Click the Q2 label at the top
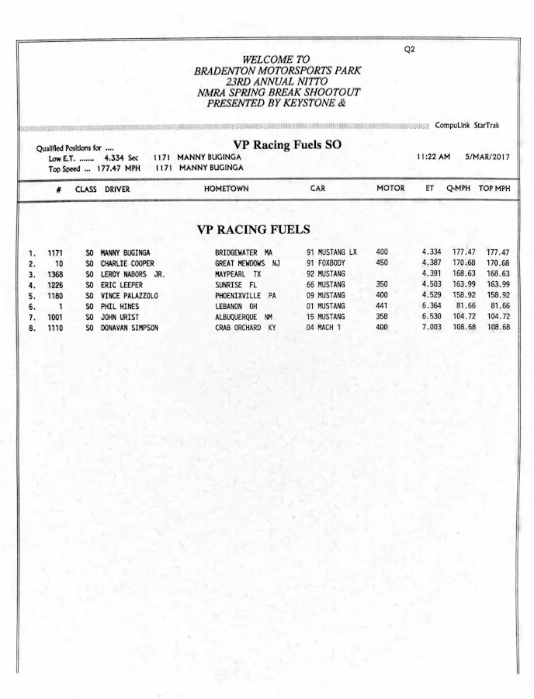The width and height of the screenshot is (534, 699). point(410,49)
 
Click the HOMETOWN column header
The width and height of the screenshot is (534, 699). point(226,189)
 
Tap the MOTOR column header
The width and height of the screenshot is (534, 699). point(390,189)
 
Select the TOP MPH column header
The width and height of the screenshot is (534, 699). point(494,189)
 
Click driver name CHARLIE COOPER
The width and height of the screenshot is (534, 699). point(127,263)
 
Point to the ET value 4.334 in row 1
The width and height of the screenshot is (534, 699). point(432,252)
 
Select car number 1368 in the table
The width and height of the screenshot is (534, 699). point(55,274)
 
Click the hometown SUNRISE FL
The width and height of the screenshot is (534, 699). point(236,285)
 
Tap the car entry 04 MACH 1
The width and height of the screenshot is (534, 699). point(324,328)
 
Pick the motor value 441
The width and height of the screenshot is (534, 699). point(382,306)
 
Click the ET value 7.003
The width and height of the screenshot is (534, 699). point(432,328)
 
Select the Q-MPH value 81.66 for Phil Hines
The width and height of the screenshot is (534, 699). point(466,306)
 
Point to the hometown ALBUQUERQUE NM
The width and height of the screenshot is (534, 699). point(244,317)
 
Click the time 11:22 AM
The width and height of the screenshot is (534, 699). point(433,156)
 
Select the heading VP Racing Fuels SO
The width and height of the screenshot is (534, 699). point(287,144)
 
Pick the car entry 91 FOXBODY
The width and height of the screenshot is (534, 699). point(326,263)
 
